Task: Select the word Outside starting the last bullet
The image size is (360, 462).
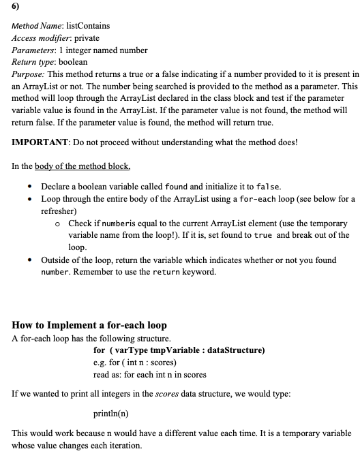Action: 57,260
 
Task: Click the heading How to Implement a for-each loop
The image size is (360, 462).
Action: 89,325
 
